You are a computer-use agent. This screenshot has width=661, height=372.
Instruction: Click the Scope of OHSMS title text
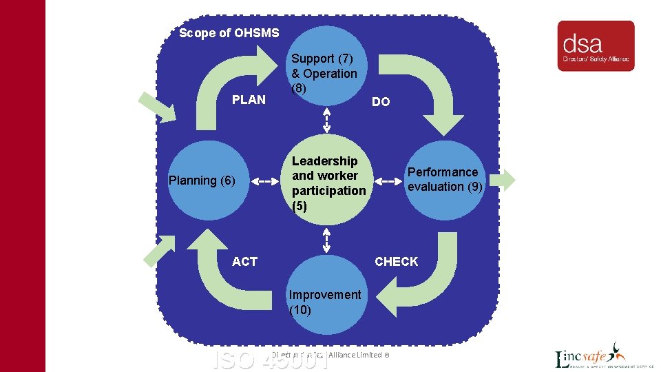pos(229,33)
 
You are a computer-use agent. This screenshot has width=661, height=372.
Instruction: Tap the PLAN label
pos(249,100)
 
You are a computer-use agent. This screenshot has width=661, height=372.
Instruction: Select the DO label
pos(381,102)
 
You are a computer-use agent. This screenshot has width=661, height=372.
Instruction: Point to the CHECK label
pos(396,262)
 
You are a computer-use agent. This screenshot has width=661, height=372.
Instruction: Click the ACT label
pos(244,262)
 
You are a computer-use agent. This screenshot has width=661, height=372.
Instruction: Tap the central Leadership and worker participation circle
pos(327,183)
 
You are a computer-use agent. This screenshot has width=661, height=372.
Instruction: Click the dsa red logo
pos(596,45)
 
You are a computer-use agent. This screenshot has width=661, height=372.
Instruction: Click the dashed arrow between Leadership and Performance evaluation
pos(388,181)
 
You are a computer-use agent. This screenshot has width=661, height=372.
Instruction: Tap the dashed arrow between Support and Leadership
pos(326,122)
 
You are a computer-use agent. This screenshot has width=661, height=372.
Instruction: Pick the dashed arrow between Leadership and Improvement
pos(326,241)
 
